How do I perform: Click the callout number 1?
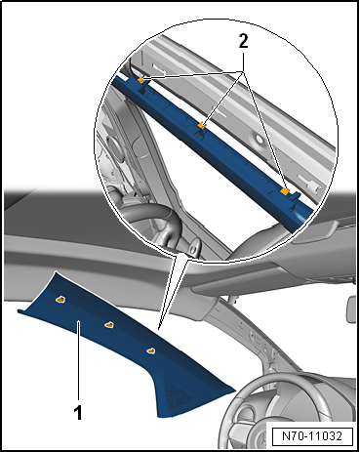click(x=78, y=413)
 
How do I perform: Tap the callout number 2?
click(x=243, y=41)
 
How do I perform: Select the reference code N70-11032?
click(x=312, y=435)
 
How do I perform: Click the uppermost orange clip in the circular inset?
click(x=140, y=80)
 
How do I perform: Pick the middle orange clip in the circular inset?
click(x=202, y=125)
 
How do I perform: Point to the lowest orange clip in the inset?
click(x=285, y=191)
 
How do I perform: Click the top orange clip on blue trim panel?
click(x=60, y=300)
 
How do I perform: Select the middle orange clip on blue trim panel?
click(x=109, y=325)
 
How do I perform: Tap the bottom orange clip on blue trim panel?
click(x=150, y=350)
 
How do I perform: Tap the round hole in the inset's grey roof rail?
click(x=260, y=140)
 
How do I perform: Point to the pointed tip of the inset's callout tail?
click(x=158, y=329)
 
